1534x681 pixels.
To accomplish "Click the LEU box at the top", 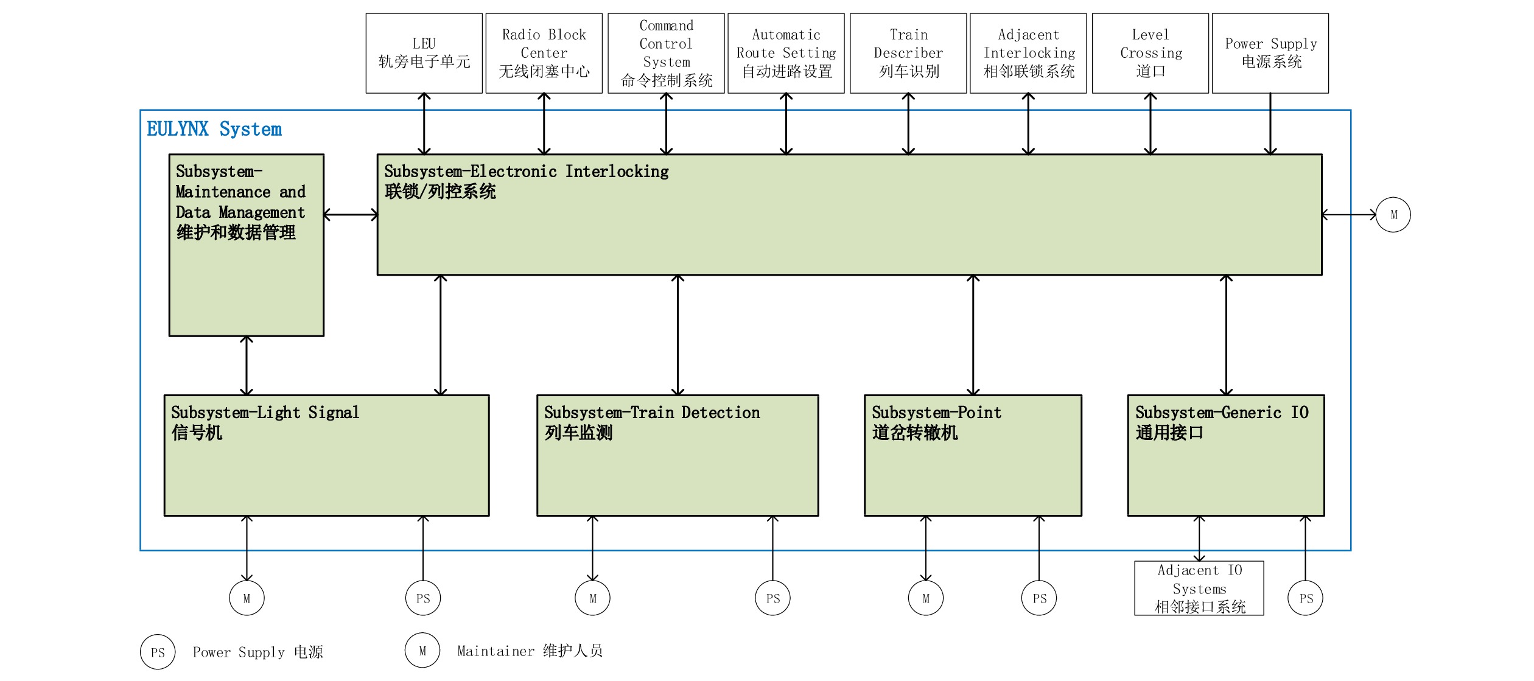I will click(424, 53).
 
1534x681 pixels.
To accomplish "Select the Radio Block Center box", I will click(544, 53).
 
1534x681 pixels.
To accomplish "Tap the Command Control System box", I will click(666, 53).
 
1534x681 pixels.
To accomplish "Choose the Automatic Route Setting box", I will click(786, 53).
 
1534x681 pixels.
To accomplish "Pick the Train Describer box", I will click(908, 53).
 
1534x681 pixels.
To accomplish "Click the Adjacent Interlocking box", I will click(1028, 53).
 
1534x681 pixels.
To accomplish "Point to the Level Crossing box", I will click(1150, 53).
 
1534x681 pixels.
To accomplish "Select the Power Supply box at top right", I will click(1270, 53).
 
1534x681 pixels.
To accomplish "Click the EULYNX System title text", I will click(214, 130).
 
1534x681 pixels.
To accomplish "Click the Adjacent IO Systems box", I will click(1199, 588).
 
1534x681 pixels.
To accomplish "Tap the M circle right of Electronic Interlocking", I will click(1393, 215).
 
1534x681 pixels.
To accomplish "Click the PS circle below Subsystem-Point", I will click(1039, 598).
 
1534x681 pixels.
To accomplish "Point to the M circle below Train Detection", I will click(592, 598).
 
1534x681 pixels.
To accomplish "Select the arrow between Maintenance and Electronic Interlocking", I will click(351, 215).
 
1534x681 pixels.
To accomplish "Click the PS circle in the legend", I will click(158, 652).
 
